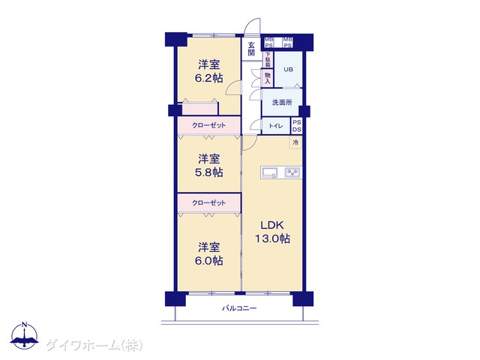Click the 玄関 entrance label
(251, 49)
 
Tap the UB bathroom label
(288, 70)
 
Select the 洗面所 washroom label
(282, 102)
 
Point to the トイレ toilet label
(276, 126)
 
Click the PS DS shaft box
(297, 126)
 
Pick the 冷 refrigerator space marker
(295, 142)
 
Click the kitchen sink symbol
(269, 172)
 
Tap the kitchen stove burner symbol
(293, 172)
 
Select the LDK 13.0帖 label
(272, 232)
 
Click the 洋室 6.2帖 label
(209, 71)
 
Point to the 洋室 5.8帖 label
(209, 166)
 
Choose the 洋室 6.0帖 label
(209, 253)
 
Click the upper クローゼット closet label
(208, 125)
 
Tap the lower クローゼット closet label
(208, 202)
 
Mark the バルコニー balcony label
(239, 308)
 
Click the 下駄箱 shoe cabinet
(268, 60)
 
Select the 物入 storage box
(268, 78)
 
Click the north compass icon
(25, 335)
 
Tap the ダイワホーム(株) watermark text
(94, 346)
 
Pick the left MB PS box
(268, 42)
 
